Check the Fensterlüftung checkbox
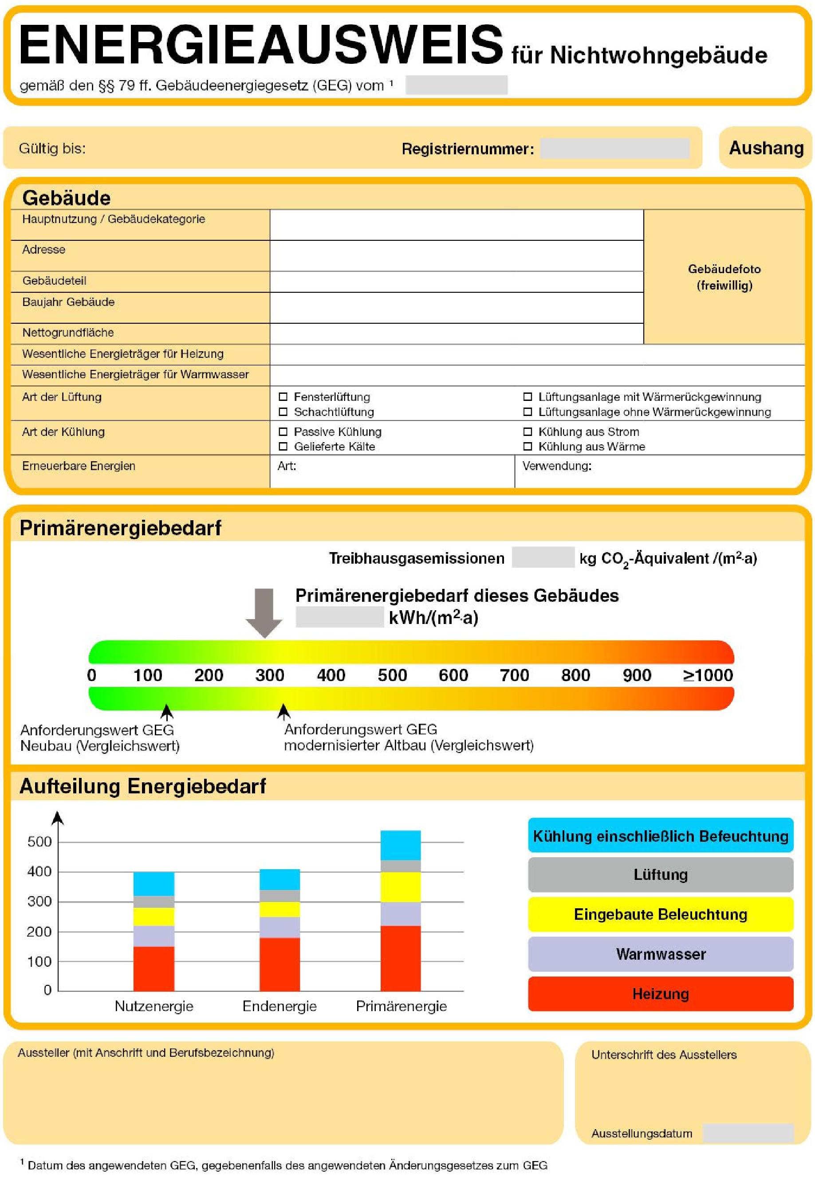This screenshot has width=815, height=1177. pyautogui.click(x=283, y=396)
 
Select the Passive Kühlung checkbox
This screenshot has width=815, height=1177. pyautogui.click(x=283, y=432)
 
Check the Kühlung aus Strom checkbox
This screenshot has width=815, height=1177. pyautogui.click(x=528, y=432)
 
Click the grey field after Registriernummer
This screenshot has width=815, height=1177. pyautogui.click(x=614, y=149)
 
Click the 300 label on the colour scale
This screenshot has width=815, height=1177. pyautogui.click(x=270, y=675)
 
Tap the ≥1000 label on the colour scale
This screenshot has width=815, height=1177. pyautogui.click(x=708, y=675)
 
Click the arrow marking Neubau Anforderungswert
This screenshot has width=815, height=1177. pyautogui.click(x=166, y=711)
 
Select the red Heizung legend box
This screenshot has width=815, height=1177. pyautogui.click(x=660, y=993)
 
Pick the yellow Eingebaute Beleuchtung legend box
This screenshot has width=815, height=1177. pyautogui.click(x=660, y=914)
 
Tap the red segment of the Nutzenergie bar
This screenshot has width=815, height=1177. pyautogui.click(x=154, y=968)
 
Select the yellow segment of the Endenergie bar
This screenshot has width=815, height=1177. pyautogui.click(x=280, y=909)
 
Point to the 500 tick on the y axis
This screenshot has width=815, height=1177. pyautogui.click(x=40, y=842)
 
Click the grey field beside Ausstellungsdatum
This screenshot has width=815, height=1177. pyautogui.click(x=748, y=1133)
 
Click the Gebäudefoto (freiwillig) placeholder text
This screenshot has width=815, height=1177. pyautogui.click(x=724, y=277)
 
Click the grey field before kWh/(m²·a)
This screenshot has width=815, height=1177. pyautogui.click(x=339, y=617)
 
